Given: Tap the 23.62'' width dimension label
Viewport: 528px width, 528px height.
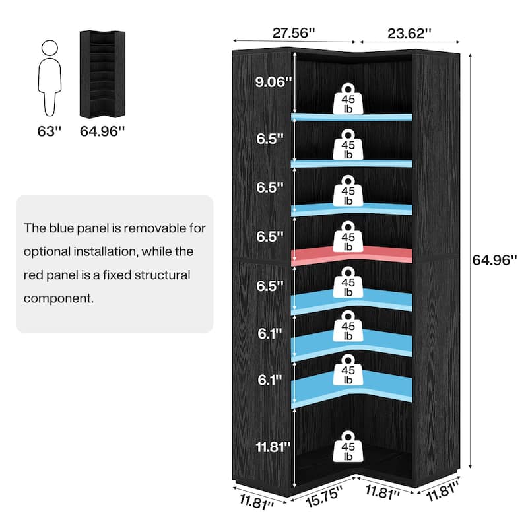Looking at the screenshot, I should pyautogui.click(x=409, y=32).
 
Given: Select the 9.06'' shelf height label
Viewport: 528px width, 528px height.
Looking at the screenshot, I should pyautogui.click(x=272, y=82).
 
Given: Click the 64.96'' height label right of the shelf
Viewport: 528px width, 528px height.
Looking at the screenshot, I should pyautogui.click(x=494, y=260).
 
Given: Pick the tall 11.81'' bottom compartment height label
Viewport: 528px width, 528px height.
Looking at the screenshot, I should pyautogui.click(x=272, y=447).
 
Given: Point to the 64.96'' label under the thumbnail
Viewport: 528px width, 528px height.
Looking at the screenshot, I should pyautogui.click(x=102, y=131).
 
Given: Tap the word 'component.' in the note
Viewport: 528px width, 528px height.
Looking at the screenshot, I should pyautogui.click(x=59, y=298).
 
